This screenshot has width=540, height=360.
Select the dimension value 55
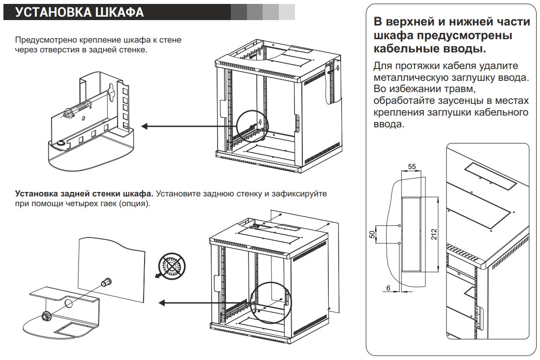pos(412,167)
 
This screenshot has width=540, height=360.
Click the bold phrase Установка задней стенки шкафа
pos(84,194)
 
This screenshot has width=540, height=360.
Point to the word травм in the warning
pos(460,89)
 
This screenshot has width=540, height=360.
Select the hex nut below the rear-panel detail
pos(48,315)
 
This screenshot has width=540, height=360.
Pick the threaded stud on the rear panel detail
pos(106,283)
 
